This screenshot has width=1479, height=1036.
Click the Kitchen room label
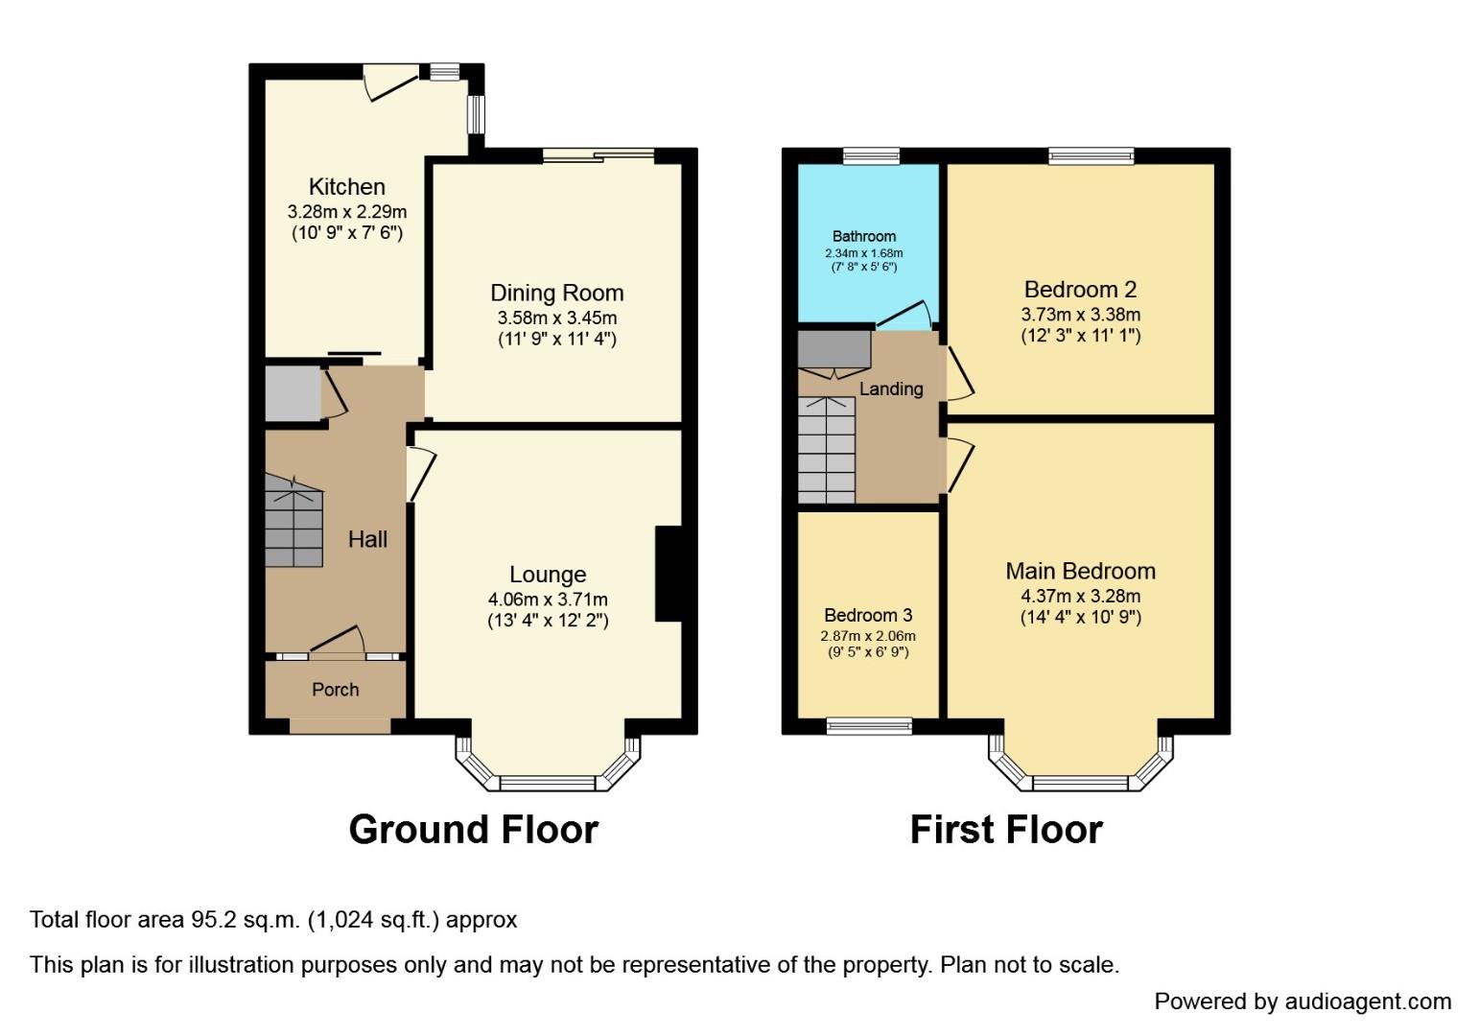pyautogui.click(x=346, y=187)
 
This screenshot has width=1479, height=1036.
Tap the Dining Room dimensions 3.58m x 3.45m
pyautogui.click(x=556, y=318)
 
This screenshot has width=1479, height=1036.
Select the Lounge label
pyautogui.click(x=547, y=575)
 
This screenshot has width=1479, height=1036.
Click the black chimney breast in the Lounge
pyautogui.click(x=668, y=574)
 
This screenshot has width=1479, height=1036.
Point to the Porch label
pyautogui.click(x=336, y=690)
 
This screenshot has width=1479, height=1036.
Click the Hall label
pyautogui.click(x=367, y=539)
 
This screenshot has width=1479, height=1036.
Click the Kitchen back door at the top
pyautogui.click(x=391, y=82)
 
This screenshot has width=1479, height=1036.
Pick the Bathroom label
pyautogui.click(x=864, y=236)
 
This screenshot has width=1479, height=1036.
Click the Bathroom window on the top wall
pyautogui.click(x=871, y=155)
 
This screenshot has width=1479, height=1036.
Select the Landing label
pyautogui.click(x=891, y=388)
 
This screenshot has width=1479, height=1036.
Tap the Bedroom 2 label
pyautogui.click(x=1080, y=289)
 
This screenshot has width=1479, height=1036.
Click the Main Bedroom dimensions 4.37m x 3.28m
pyautogui.click(x=1080, y=596)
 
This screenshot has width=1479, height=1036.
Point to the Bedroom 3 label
pyautogui.click(x=868, y=615)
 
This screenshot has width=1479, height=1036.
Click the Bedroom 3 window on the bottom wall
pyautogui.click(x=869, y=726)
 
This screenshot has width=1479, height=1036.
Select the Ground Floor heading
pyautogui.click(x=473, y=830)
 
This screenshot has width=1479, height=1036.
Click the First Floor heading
pyautogui.click(x=1006, y=830)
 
